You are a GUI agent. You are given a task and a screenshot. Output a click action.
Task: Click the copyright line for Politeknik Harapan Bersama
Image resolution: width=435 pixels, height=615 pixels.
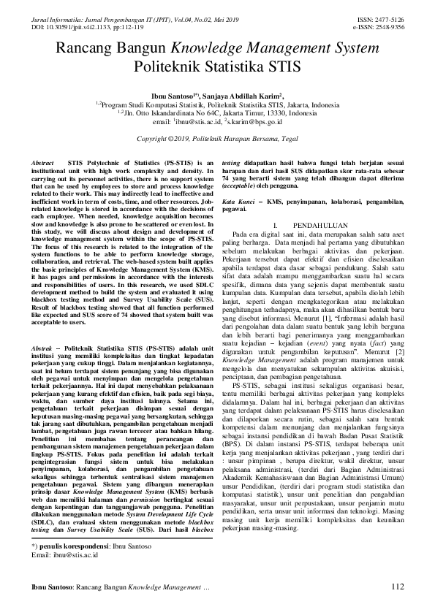[218, 138]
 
